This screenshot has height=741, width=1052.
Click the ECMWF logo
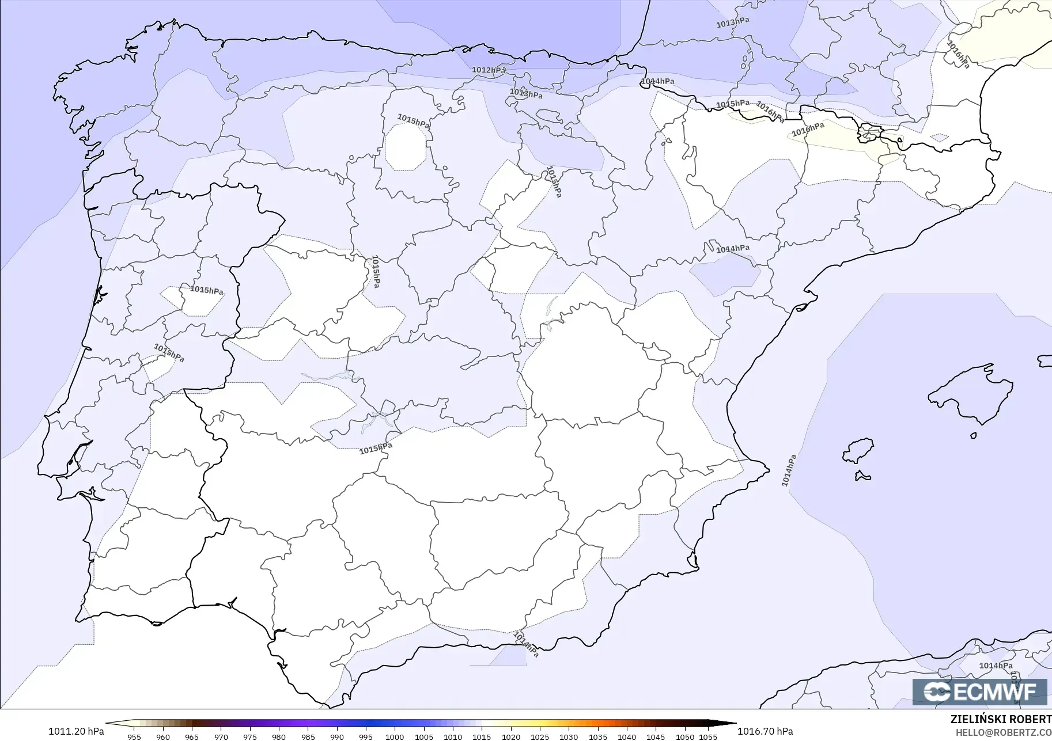[979, 691]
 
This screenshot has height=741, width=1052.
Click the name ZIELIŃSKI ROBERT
[1001, 719]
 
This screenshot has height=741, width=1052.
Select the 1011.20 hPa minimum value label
[76, 731]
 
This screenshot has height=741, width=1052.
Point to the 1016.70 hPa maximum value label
[765, 731]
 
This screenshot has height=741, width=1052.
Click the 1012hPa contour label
[489, 70]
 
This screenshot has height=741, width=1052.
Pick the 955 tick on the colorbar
[134, 737]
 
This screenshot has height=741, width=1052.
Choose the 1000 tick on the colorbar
[395, 737]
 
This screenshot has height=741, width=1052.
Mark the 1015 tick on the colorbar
[482, 737]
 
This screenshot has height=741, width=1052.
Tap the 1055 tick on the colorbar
[708, 737]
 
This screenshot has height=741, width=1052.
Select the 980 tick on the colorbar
[279, 737]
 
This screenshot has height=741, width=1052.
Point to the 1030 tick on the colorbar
[569, 737]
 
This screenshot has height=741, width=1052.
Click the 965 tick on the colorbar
[192, 737]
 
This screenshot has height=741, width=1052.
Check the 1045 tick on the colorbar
[656, 737]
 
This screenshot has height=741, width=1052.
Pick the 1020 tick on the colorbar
[510, 737]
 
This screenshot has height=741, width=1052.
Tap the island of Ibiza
[858, 451]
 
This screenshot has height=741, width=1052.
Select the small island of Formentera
[862, 476]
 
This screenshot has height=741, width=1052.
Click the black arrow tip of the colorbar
[731, 724]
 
